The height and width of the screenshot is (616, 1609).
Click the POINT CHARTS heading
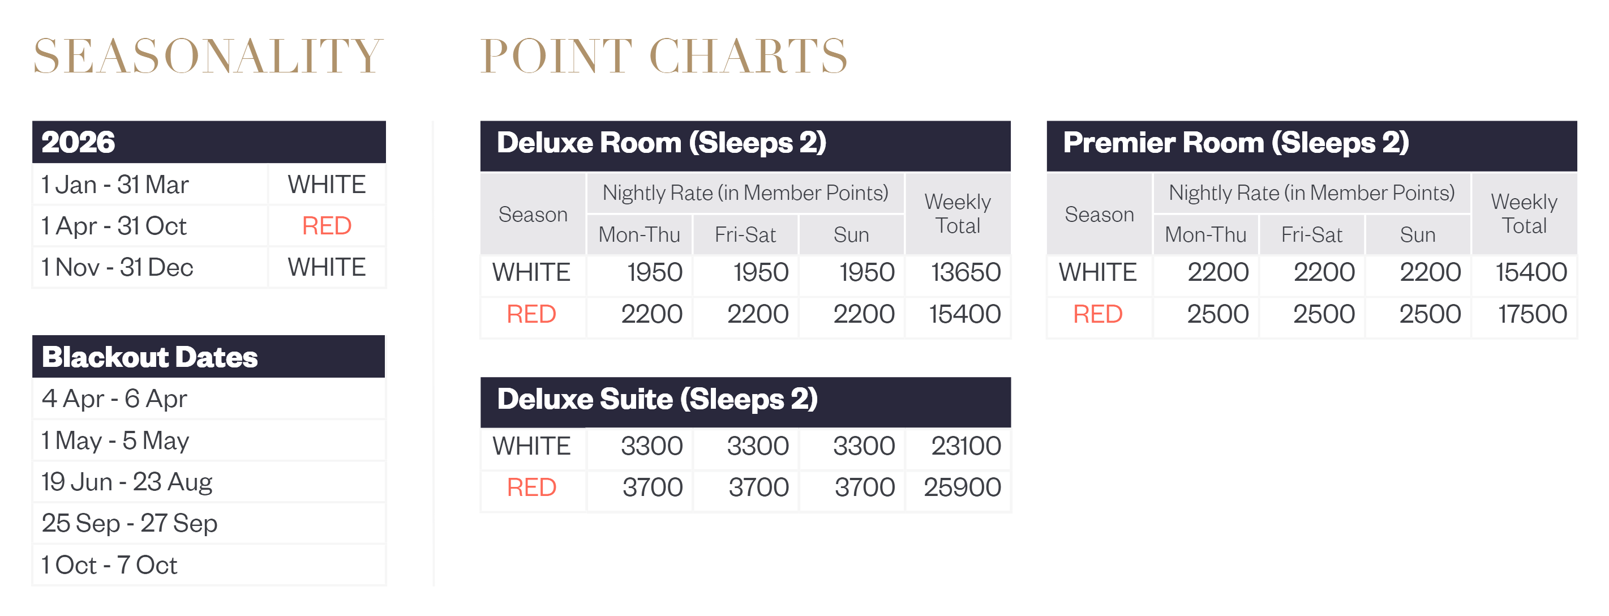click(664, 55)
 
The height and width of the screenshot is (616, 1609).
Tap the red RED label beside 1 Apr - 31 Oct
click(327, 225)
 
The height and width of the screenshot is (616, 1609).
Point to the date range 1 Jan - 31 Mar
click(115, 185)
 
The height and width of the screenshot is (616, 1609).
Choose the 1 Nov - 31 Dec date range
click(117, 267)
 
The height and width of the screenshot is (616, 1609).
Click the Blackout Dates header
click(150, 357)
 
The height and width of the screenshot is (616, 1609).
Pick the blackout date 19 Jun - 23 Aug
click(127, 482)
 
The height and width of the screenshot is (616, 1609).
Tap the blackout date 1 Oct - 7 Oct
click(109, 565)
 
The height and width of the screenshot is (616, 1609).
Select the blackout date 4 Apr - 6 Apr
click(114, 399)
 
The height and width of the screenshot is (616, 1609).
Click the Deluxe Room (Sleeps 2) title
click(662, 143)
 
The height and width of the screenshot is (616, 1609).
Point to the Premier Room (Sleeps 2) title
click(1236, 143)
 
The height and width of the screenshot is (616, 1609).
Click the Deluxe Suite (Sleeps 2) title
click(657, 399)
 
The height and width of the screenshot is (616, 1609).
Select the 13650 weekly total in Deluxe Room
click(966, 272)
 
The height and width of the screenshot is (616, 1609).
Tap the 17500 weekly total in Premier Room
click(1532, 314)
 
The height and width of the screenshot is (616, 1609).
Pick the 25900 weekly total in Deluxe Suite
click(963, 487)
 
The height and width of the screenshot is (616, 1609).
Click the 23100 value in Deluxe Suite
click(966, 446)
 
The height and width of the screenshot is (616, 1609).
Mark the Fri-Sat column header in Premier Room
click(1312, 234)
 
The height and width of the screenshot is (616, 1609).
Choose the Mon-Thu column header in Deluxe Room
click(639, 234)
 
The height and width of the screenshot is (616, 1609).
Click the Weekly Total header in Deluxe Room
click(958, 213)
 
